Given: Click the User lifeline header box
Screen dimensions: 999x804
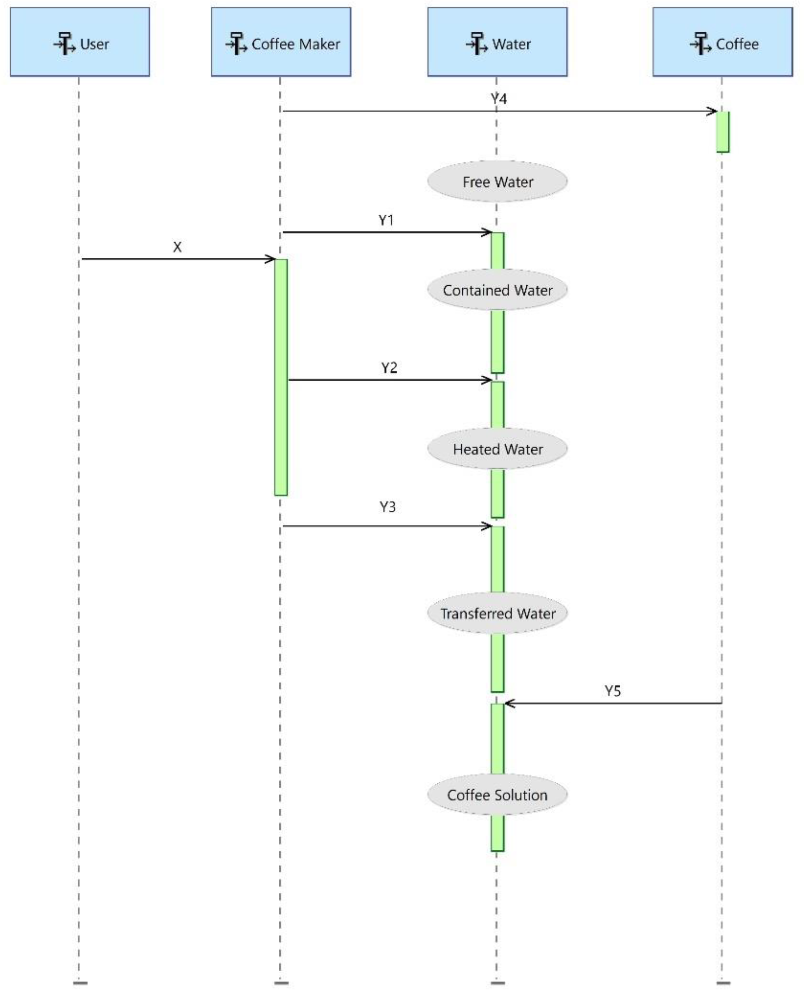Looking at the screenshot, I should [x=80, y=42].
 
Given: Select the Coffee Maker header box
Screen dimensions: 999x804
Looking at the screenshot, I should [x=281, y=42].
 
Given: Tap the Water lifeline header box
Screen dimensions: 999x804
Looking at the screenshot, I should [x=497, y=42].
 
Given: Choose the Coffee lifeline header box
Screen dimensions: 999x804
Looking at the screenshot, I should [x=722, y=42].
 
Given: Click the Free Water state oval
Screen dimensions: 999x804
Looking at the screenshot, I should [x=497, y=182].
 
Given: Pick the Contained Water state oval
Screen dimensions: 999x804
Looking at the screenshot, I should [x=497, y=290].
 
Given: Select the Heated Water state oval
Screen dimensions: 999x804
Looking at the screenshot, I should [x=497, y=449].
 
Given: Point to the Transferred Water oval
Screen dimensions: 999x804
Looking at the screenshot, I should [x=497, y=613].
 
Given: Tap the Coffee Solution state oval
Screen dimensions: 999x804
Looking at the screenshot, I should [x=497, y=795].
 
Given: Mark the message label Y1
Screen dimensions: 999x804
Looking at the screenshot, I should [x=386, y=220].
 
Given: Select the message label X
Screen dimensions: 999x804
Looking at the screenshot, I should [x=177, y=247].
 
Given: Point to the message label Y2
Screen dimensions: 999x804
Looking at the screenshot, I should [x=389, y=368].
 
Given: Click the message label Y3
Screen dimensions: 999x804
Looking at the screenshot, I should [x=387, y=507].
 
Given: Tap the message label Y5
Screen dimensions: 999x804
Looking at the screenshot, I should [x=612, y=691].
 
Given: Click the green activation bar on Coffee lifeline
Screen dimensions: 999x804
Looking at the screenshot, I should [x=722, y=132].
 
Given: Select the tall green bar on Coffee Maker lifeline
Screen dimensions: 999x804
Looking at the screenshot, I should [x=280, y=377].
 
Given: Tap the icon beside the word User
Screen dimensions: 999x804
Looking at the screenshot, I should [x=65, y=44].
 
